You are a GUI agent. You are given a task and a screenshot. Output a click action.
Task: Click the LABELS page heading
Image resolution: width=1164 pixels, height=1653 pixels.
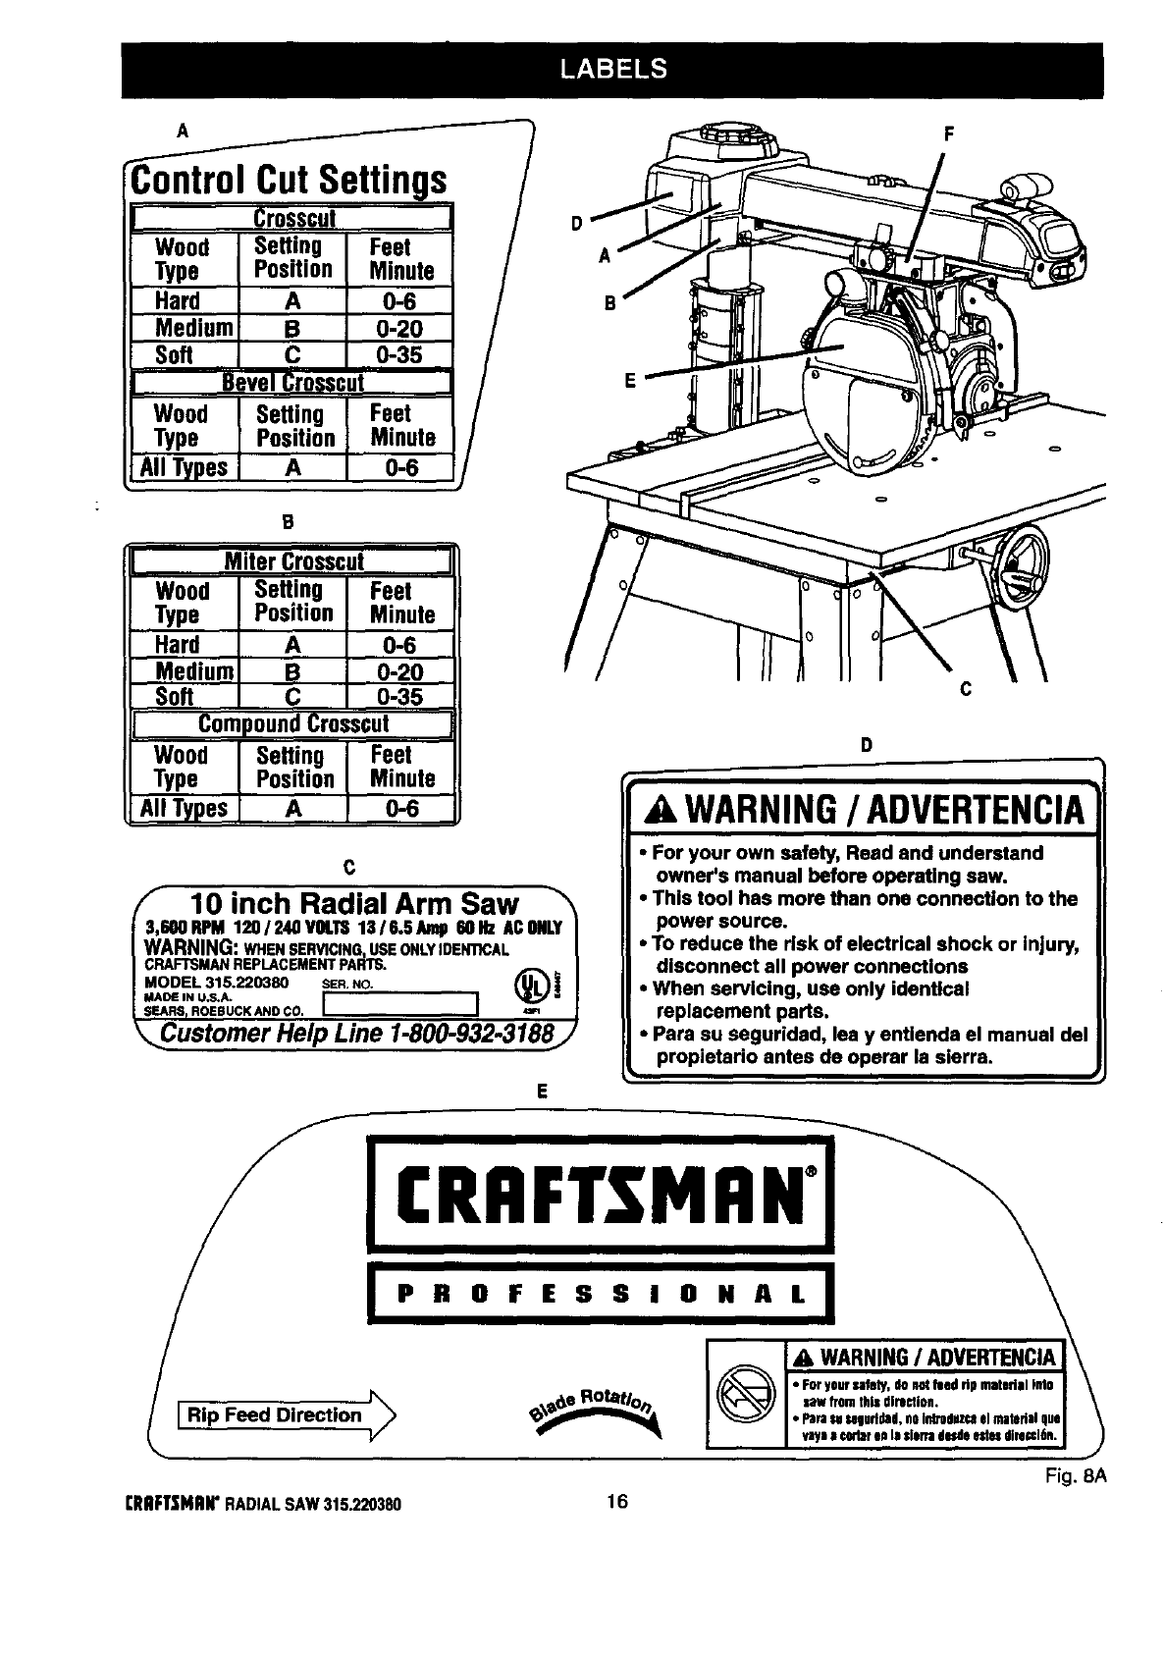click(612, 68)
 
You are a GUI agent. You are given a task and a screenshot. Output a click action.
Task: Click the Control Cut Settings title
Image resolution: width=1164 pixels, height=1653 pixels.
click(290, 181)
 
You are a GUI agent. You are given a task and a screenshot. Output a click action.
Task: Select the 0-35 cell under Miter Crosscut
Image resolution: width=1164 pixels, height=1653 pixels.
click(400, 696)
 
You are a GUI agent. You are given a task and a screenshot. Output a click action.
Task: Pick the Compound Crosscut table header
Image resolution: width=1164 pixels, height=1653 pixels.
click(292, 724)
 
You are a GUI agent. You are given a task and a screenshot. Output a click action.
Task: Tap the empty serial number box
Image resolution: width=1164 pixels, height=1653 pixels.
click(398, 1003)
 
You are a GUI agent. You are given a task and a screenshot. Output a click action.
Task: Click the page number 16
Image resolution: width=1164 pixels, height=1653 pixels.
click(616, 1502)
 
